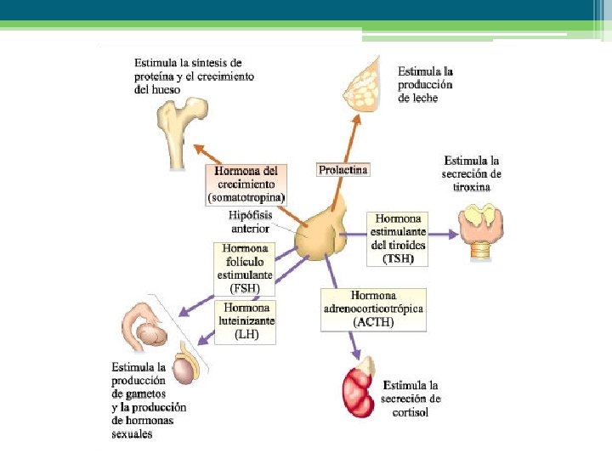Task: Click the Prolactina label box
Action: [343, 170]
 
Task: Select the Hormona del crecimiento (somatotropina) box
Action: [246, 184]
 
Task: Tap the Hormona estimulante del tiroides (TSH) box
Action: [398, 239]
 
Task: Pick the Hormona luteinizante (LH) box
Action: [246, 322]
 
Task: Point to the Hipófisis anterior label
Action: [250, 222]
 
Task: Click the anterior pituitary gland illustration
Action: [320, 234]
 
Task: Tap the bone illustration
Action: [184, 128]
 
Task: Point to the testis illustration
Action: [184, 369]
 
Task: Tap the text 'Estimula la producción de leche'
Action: [425, 85]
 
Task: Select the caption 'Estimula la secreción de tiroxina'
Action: [472, 173]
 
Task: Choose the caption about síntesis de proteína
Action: [194, 76]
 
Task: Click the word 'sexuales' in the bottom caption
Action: [133, 434]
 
